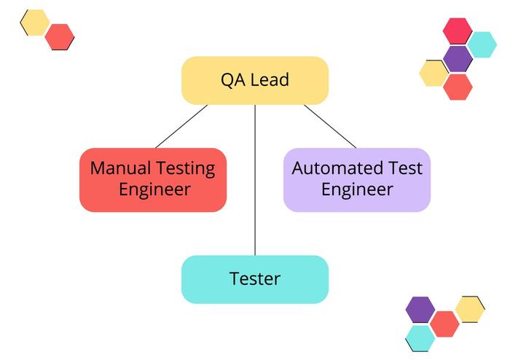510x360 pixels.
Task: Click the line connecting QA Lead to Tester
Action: [x=255, y=182]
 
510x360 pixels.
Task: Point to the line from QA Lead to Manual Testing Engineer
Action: [x=181, y=126]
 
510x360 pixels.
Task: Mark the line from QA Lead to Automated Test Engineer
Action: [x=329, y=126]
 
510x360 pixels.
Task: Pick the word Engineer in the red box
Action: [x=154, y=189]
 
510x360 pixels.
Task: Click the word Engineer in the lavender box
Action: [x=357, y=189]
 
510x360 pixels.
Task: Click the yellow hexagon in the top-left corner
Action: [x=34, y=23]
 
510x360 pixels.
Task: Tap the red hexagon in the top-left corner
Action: [x=60, y=37]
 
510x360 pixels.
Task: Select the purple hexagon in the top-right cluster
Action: [x=458, y=58]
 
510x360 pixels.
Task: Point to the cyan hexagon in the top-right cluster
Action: [x=482, y=44]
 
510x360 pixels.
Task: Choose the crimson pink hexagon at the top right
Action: [x=458, y=31]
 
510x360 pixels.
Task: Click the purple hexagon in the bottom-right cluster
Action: [x=420, y=310]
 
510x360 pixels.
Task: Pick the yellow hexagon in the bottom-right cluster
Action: [x=470, y=309]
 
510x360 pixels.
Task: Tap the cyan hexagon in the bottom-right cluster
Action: [x=420, y=337]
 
